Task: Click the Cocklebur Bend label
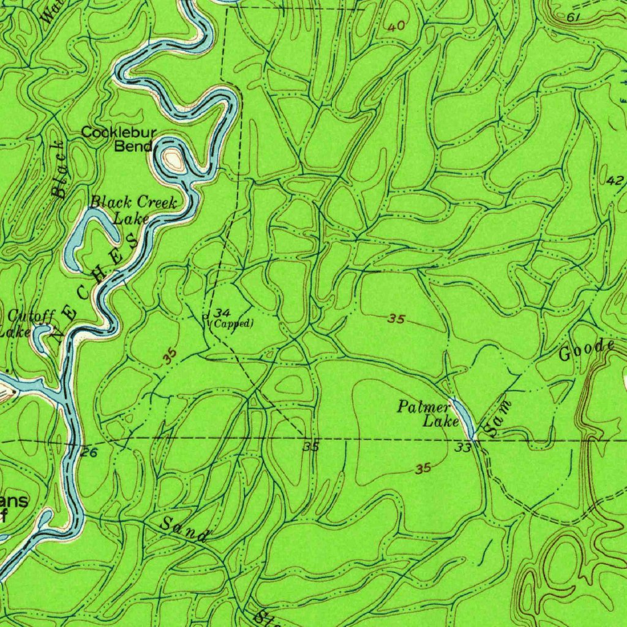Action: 119,139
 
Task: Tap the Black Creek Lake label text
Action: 134,209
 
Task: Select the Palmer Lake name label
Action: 427,413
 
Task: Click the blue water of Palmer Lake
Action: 464,417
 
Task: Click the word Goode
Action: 587,351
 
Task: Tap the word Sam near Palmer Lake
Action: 500,419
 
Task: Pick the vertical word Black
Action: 59,170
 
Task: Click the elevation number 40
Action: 396,26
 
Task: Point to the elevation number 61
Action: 573,17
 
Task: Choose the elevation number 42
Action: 615,181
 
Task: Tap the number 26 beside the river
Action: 89,452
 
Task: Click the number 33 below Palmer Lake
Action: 463,448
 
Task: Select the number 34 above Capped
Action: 223,313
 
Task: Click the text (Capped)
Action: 231,323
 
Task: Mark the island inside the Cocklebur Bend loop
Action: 173,161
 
